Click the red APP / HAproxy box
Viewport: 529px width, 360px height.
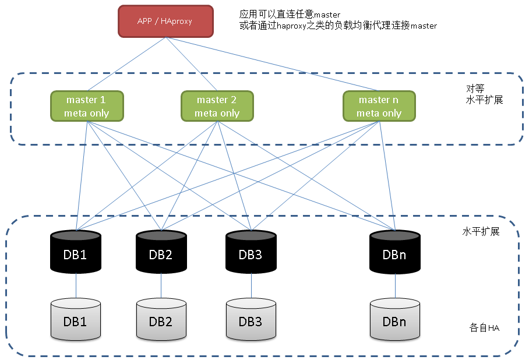(165, 21)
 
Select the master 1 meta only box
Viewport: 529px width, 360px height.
(87, 106)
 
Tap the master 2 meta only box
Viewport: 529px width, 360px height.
(217, 106)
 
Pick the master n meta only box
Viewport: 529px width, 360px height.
(379, 106)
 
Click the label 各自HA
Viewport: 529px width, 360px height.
(485, 327)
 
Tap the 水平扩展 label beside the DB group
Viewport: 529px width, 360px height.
(481, 232)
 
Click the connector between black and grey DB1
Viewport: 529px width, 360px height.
(76, 285)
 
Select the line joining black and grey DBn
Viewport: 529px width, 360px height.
(395, 285)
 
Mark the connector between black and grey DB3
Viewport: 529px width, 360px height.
(251, 285)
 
